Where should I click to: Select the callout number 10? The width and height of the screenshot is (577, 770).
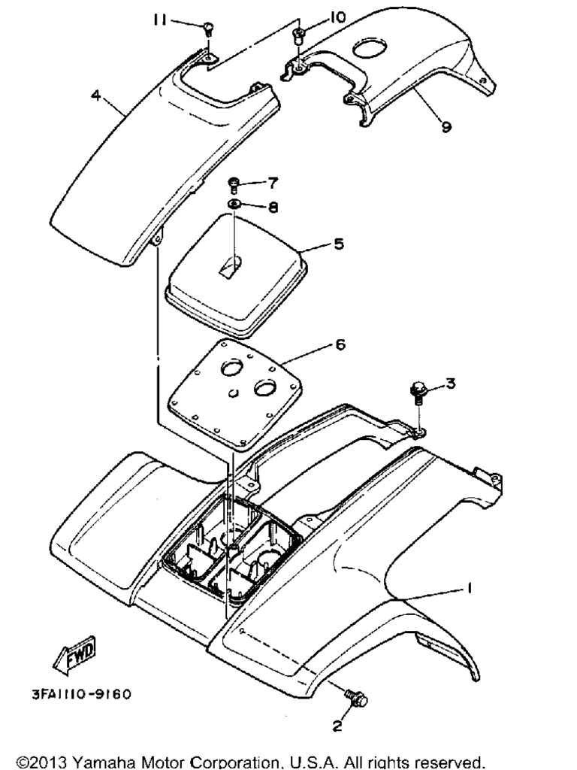[x=337, y=17]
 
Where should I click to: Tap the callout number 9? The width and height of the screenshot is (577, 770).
[x=446, y=126]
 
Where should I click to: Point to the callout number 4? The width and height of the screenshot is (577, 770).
[x=96, y=95]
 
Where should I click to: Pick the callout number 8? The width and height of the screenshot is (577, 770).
[x=273, y=208]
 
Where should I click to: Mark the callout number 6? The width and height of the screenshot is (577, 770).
[x=340, y=344]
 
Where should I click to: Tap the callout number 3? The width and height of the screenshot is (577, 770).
[x=451, y=383]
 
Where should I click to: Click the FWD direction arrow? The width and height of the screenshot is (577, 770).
[x=74, y=655]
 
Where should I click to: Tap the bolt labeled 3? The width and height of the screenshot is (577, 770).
[x=418, y=393]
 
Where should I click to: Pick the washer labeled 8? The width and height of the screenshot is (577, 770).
[x=234, y=205]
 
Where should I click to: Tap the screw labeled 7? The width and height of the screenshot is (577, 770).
[x=234, y=186]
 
